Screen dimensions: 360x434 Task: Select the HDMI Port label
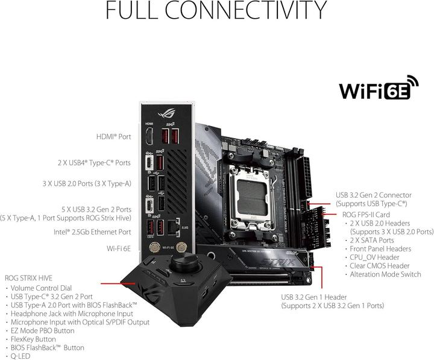click(113, 137)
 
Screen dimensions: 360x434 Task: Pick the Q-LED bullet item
click(19, 356)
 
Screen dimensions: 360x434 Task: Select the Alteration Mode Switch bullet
click(389, 274)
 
